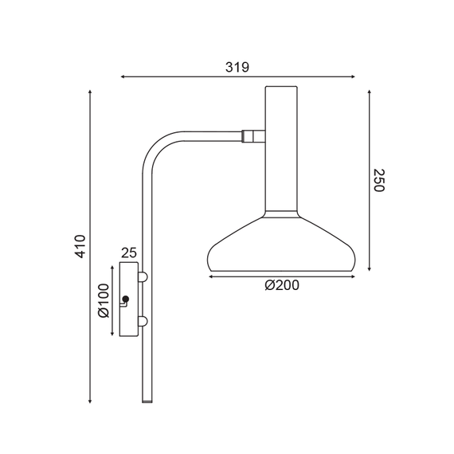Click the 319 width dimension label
(237, 67)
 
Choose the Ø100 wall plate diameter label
(103, 301)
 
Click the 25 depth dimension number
(128, 252)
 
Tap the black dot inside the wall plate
(125, 300)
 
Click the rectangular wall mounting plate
(128, 299)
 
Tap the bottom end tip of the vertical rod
(147, 401)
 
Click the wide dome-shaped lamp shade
(281, 243)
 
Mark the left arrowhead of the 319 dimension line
(123, 77)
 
